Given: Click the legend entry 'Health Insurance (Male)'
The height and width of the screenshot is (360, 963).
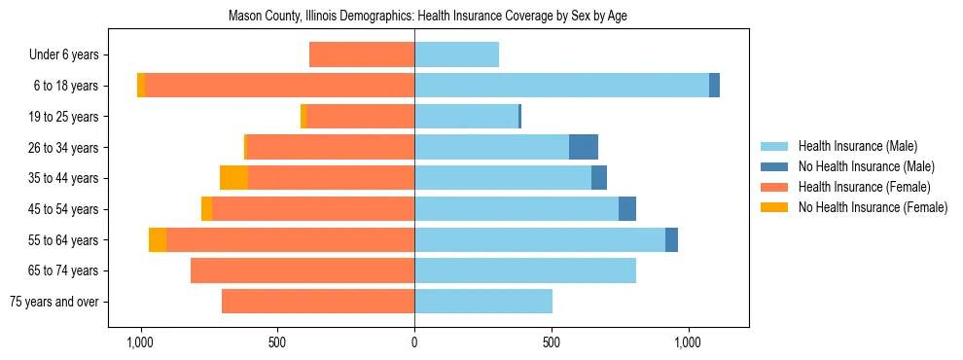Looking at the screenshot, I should [857, 146].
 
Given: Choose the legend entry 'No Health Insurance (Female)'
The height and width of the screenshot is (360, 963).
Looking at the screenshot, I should [873, 207].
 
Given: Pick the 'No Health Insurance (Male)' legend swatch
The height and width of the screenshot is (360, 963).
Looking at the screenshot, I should [774, 166].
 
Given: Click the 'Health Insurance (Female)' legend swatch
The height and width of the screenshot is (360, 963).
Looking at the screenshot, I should [774, 187].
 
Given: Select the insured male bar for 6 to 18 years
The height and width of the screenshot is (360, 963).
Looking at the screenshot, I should [561, 86].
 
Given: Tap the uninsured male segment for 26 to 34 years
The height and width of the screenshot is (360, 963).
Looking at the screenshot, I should [584, 147].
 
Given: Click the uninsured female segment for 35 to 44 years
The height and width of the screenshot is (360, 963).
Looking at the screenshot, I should [233, 178].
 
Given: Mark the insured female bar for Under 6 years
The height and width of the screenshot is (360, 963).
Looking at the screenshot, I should [362, 54].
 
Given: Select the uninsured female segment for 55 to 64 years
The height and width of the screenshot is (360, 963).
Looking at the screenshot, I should [158, 239].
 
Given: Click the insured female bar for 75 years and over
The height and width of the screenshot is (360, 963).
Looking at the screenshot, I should [318, 302].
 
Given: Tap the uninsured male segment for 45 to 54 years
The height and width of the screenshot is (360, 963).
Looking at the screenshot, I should [627, 209].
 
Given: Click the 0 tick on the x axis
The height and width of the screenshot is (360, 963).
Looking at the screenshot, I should [414, 342].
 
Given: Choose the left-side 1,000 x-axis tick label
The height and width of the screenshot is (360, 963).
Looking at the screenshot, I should [140, 342].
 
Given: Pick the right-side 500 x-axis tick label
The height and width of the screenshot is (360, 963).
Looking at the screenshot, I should [552, 342].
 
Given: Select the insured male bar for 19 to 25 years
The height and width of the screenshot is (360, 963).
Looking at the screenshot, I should [466, 117].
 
